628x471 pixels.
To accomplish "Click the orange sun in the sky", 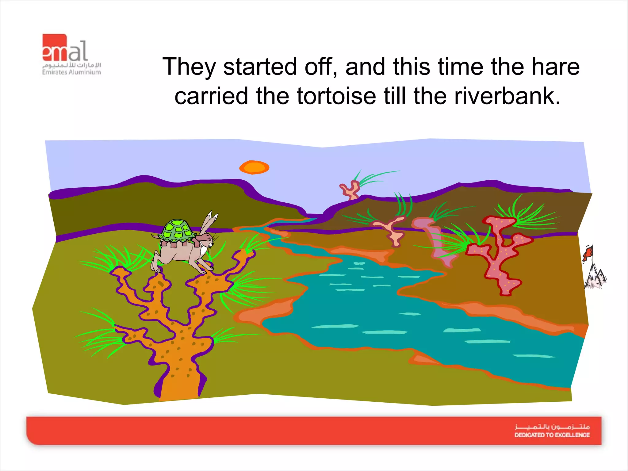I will pyautogui.click(x=254, y=167).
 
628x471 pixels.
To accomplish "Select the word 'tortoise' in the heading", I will pyautogui.click(x=336, y=96).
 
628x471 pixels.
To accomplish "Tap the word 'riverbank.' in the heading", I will pyautogui.click(x=507, y=96).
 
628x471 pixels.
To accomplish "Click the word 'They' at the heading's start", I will pyautogui.click(x=189, y=67).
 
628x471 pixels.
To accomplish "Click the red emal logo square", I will pyautogui.click(x=55, y=48).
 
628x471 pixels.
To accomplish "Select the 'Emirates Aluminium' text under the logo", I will pyautogui.click(x=71, y=72).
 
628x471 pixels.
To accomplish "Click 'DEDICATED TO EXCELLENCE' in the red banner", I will pyautogui.click(x=552, y=435).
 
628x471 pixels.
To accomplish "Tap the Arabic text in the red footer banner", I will pyautogui.click(x=552, y=427).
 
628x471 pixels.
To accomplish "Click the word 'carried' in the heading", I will pyautogui.click(x=211, y=96).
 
